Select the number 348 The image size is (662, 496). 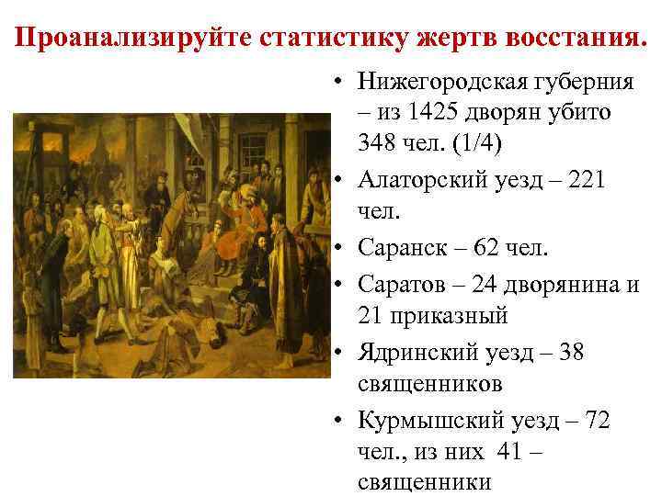382,143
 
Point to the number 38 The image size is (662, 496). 571,352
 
